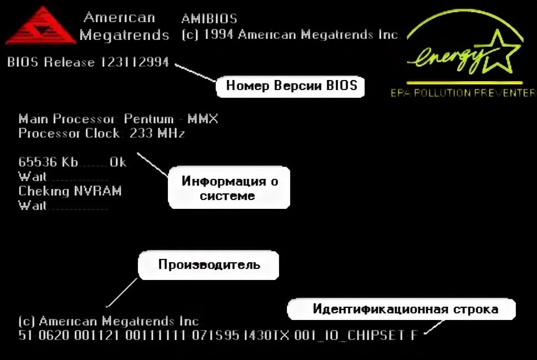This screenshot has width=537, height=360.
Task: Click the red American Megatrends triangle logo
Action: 40,27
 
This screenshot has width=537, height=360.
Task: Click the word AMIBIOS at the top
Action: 209,19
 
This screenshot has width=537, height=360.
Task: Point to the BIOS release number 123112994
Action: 135,62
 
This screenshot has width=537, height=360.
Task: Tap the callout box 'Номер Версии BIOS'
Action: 287,86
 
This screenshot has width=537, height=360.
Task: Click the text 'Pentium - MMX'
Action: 171,119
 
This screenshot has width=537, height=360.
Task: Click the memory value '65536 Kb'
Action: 48,162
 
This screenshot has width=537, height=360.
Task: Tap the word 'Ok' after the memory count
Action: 118,162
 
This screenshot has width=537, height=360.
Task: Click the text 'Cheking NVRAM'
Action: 70,191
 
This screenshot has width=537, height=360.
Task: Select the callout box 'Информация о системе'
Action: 230,188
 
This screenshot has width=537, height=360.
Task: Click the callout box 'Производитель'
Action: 209,264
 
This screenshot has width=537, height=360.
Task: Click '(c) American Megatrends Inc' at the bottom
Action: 108,321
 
